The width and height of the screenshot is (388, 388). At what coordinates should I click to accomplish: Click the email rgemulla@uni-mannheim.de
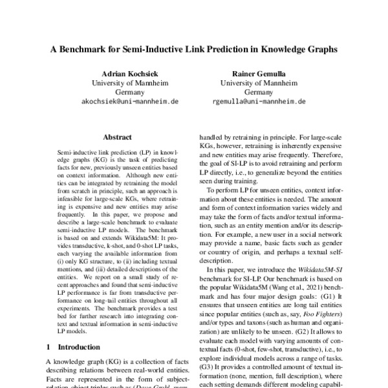(x=259, y=102)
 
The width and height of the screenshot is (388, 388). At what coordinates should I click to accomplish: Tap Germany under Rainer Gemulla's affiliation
(x=259, y=92)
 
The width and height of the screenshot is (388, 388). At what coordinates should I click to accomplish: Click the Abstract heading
(x=117, y=137)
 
